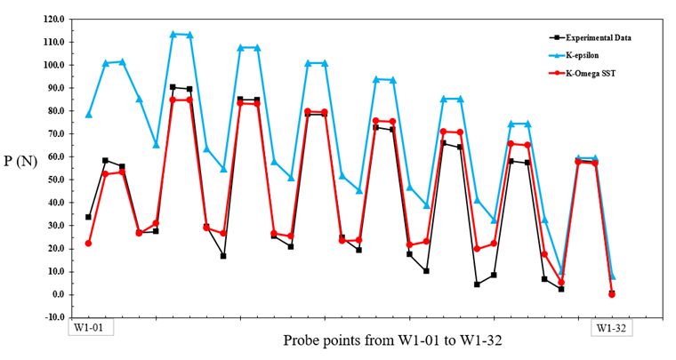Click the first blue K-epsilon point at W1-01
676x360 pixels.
[x=88, y=115]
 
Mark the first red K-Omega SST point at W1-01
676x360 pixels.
[x=88, y=244]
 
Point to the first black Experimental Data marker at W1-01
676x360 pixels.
[x=88, y=217]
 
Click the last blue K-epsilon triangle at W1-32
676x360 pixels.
[x=612, y=276]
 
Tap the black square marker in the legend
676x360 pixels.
[x=556, y=38]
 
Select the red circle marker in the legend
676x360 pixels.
[x=556, y=73]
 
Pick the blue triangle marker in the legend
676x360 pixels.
[x=556, y=55]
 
